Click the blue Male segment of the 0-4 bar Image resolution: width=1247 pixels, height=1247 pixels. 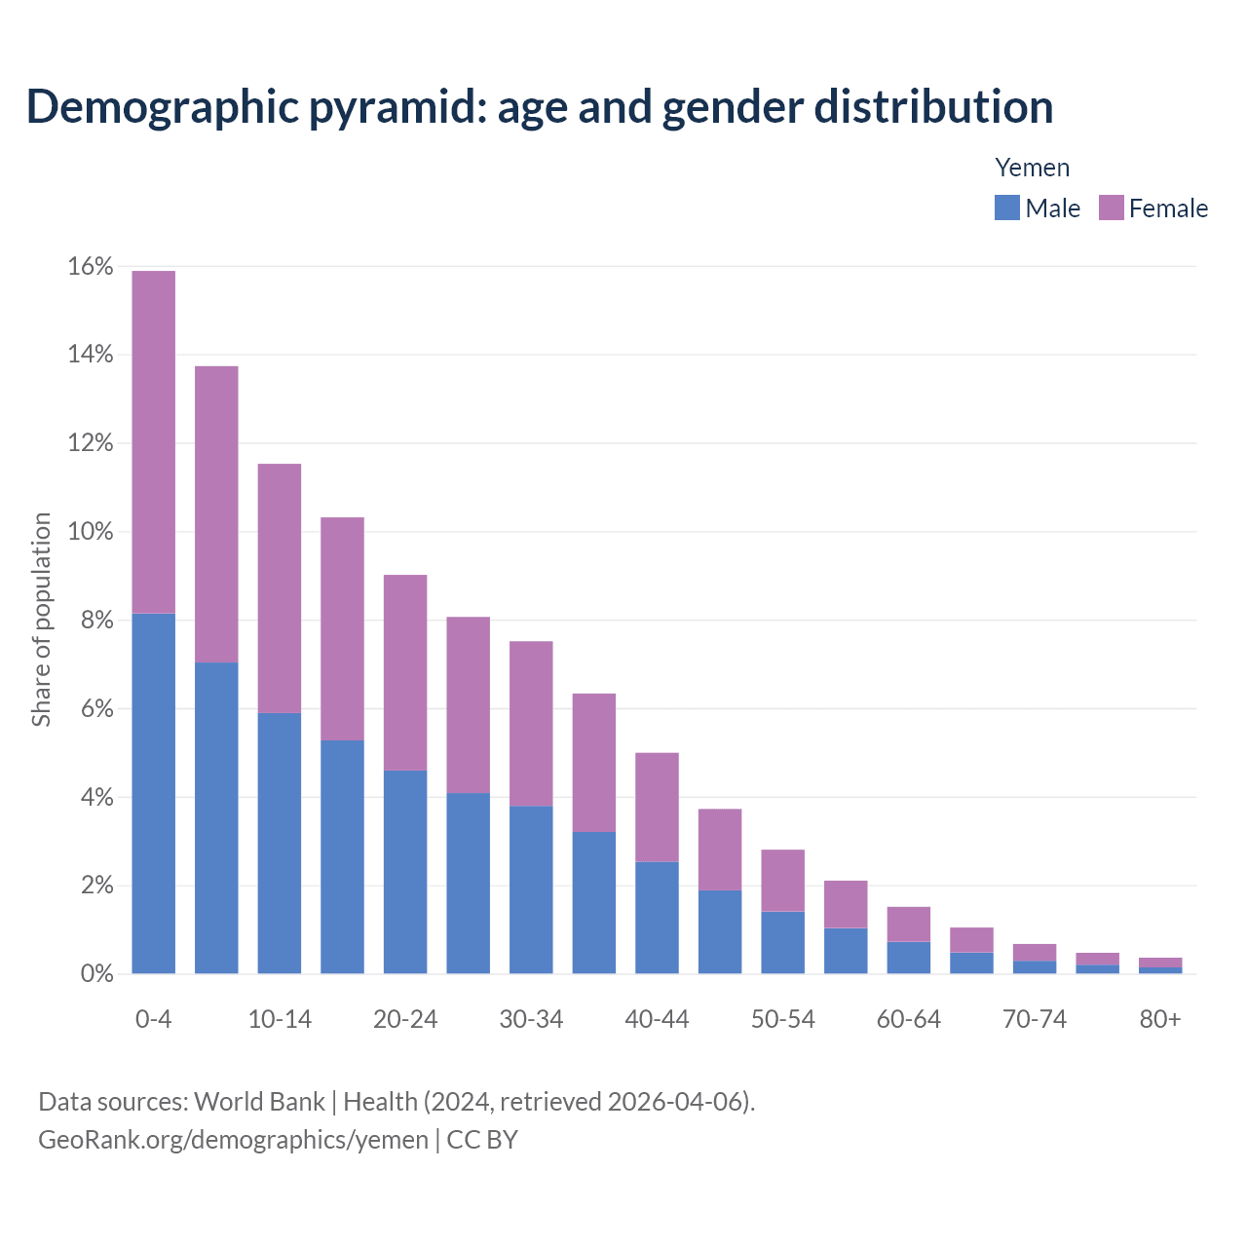click(153, 793)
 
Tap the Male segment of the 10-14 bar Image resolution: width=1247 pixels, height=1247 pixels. click(280, 843)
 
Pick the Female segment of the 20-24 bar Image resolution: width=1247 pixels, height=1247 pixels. click(405, 672)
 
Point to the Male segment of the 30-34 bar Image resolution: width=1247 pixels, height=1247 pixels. click(531, 889)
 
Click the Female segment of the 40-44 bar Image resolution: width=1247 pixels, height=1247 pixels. click(657, 807)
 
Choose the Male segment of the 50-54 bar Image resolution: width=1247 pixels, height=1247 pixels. click(782, 942)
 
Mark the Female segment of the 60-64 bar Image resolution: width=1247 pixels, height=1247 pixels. click(908, 924)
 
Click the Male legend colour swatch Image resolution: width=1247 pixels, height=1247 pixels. click(1006, 208)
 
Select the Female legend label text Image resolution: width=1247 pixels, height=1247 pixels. click(1168, 208)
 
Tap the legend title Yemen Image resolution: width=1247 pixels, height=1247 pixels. click(1032, 168)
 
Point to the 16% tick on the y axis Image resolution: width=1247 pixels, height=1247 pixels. click(91, 266)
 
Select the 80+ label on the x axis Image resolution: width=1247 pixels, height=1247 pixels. click(1159, 1019)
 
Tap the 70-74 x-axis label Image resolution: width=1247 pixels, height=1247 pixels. click(1034, 1019)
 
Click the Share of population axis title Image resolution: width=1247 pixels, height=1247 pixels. click(41, 620)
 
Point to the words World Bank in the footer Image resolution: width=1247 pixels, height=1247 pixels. click(259, 1102)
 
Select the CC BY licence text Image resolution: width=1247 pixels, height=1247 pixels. click(482, 1140)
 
